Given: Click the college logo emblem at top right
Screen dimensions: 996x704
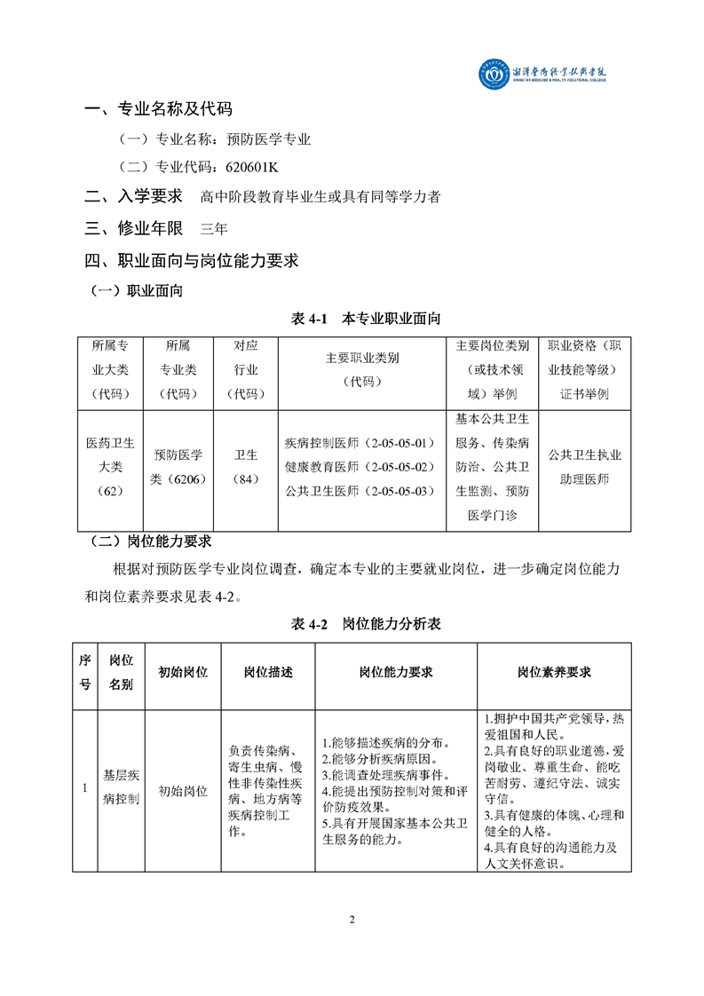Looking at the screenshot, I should [491, 74].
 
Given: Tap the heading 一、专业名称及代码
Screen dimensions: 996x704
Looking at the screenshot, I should [158, 109].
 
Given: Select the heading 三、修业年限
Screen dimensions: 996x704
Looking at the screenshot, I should [133, 228].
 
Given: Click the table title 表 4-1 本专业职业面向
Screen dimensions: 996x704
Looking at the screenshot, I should [366, 318].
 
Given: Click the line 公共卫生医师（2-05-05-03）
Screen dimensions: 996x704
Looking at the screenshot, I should [360, 490].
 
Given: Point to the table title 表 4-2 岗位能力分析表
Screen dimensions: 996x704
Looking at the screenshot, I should [366, 624].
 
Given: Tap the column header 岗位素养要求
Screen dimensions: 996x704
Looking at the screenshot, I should [554, 672].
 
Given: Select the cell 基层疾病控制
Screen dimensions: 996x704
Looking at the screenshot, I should [121, 787].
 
